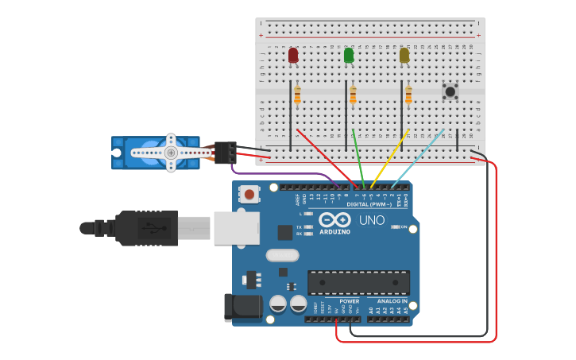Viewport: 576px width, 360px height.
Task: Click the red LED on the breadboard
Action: pyautogui.click(x=293, y=55)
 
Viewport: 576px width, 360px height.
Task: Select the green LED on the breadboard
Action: pyautogui.click(x=349, y=55)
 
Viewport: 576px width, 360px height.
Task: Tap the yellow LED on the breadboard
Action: pyautogui.click(x=404, y=55)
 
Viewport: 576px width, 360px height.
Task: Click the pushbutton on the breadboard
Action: pyautogui.click(x=450, y=91)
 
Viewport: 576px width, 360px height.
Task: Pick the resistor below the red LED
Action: pyautogui.click(x=297, y=95)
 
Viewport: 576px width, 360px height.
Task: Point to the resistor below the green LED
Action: pyautogui.click(x=353, y=95)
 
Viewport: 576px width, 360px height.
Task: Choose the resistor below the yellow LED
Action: pyautogui.click(x=408, y=95)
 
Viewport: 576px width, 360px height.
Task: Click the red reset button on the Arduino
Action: pyautogui.click(x=250, y=194)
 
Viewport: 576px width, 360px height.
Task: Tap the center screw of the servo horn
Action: pyautogui.click(x=170, y=152)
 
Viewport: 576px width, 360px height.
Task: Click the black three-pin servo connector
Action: pyautogui.click(x=225, y=152)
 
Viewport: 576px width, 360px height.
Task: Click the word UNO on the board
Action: pyautogui.click(x=372, y=220)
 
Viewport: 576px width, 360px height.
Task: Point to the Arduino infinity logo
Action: pyautogui.click(x=334, y=219)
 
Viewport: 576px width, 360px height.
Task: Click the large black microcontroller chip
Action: pyautogui.click(x=358, y=282)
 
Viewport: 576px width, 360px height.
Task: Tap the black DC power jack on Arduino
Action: pyautogui.click(x=242, y=308)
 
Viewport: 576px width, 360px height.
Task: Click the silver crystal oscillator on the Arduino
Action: pyautogui.click(x=282, y=256)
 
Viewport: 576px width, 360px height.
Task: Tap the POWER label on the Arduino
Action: pyautogui.click(x=349, y=302)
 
